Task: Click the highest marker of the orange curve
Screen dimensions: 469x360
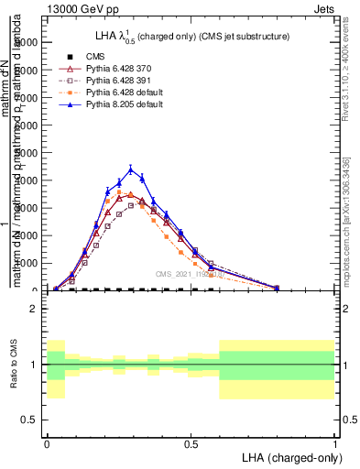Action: [119, 192]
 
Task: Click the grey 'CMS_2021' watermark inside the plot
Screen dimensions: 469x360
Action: [189, 274]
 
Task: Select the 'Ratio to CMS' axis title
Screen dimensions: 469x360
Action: [13, 365]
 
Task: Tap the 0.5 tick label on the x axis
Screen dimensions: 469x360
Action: [191, 442]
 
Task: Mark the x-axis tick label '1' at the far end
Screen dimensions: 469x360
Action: [335, 442]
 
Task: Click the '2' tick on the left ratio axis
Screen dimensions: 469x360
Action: [34, 309]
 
